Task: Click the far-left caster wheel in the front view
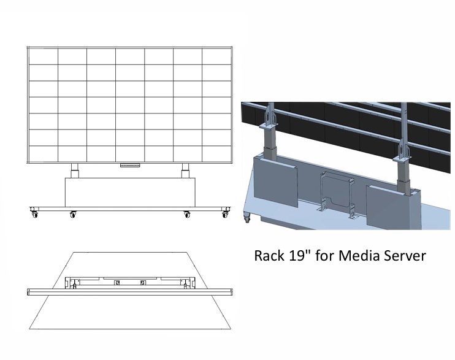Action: tap(32, 213)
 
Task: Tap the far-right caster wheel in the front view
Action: tap(226, 213)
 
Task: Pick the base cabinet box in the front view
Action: tap(129, 191)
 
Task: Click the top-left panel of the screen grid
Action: tap(43, 56)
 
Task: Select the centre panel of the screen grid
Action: tap(129, 105)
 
